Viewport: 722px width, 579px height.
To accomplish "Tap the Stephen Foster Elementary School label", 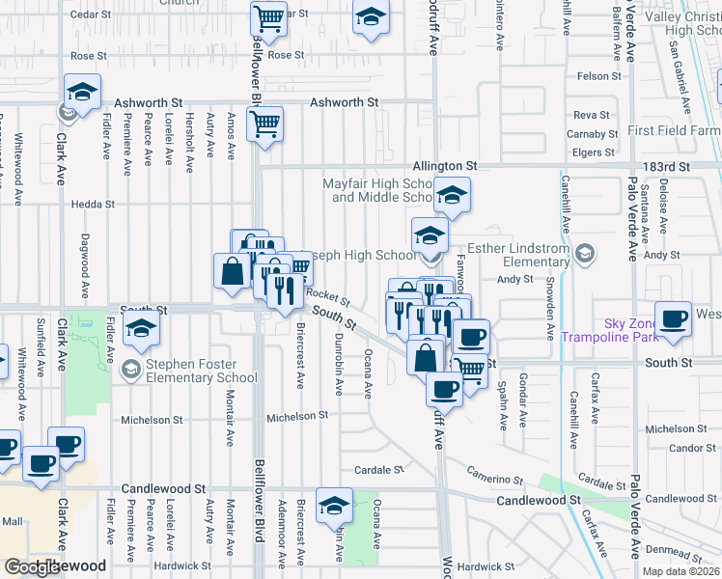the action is point(202,371).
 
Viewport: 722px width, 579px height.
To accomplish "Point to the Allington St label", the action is point(446,166).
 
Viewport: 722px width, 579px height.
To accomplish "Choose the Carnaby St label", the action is point(593,134).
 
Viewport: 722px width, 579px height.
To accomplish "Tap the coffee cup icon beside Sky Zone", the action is point(674,317).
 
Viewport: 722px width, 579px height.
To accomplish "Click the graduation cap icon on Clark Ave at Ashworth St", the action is point(83,93).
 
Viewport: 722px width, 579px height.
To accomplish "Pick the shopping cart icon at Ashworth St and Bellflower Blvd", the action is point(264,123).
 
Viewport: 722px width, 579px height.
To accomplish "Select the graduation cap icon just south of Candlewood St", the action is point(334,505).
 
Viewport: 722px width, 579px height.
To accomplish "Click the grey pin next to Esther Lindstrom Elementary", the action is point(584,253).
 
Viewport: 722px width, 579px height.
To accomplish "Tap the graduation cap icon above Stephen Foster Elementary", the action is point(141,330).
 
